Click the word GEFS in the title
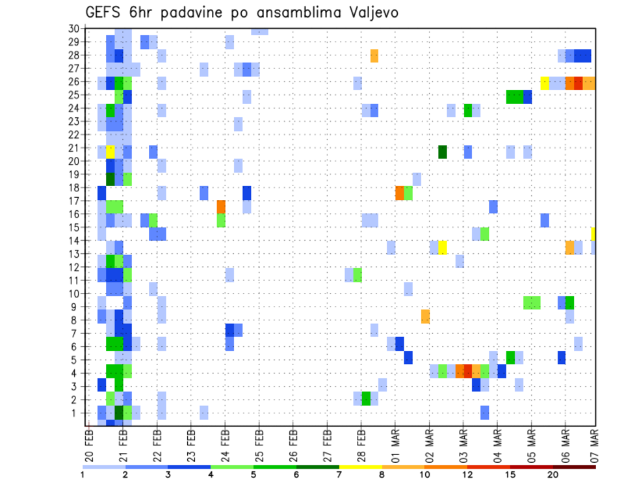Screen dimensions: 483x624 coord(103,12)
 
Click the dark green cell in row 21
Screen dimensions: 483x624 coord(443,152)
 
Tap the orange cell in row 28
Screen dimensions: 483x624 coord(374,55)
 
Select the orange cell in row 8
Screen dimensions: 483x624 coord(425,316)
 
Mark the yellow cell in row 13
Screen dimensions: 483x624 coord(443,247)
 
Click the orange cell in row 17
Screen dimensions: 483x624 coord(221,206)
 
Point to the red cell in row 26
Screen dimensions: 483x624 coord(578,83)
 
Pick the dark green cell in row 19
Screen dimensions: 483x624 coord(110,178)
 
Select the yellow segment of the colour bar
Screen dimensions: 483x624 coord(361,466)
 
